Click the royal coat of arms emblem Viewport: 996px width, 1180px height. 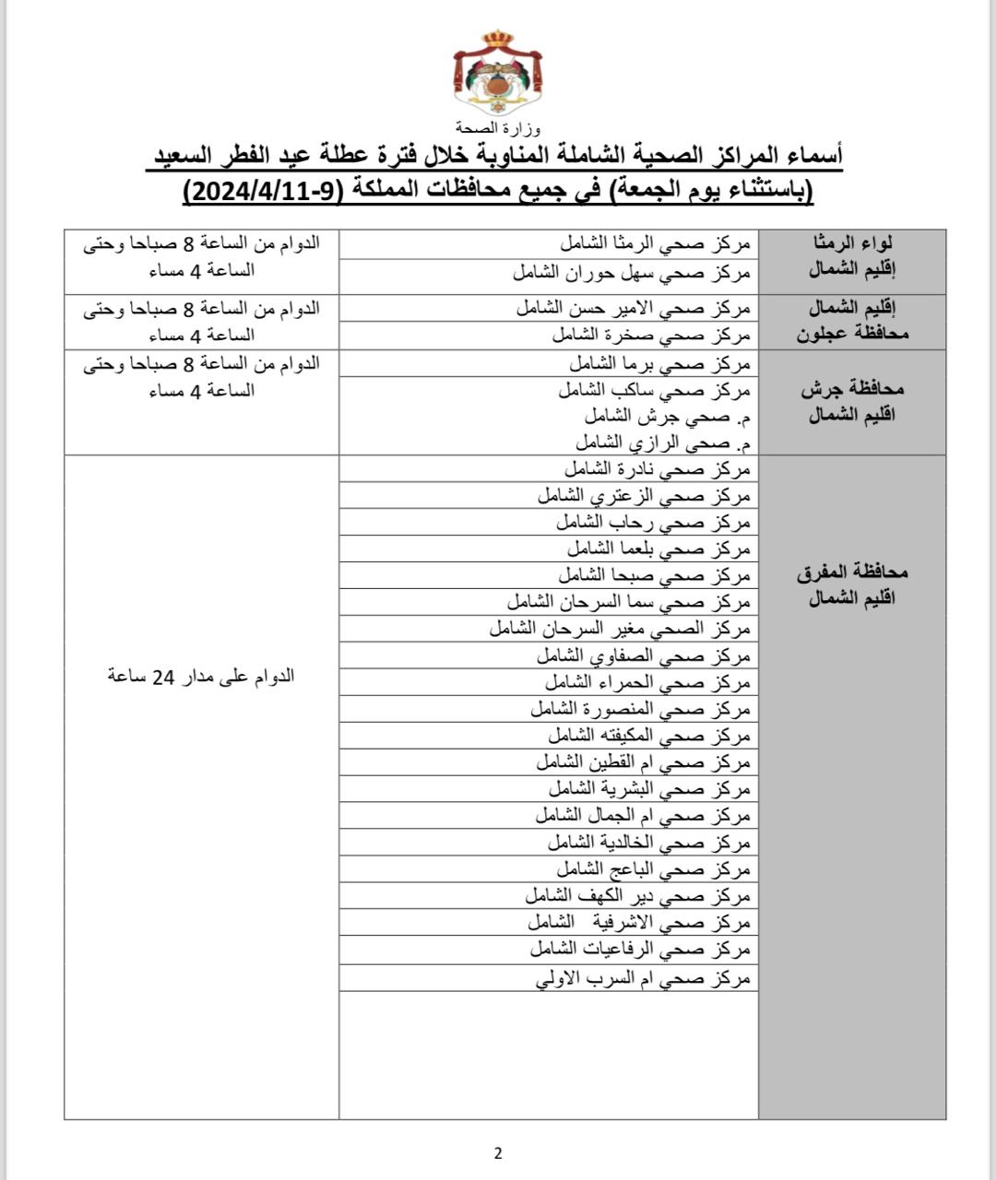[497, 74]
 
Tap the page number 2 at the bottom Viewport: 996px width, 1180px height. [498, 1152]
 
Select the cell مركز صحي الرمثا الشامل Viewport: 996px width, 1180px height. [656, 244]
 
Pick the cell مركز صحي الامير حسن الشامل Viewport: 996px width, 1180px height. [634, 308]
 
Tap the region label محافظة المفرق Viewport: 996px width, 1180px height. [852, 572]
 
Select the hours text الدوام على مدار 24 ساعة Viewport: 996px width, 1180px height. [201, 676]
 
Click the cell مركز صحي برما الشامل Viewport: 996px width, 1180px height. [658, 363]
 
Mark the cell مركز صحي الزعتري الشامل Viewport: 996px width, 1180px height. [645, 496]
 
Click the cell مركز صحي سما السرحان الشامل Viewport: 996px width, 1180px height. [629, 602]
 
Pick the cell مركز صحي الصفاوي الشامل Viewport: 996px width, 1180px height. [644, 656]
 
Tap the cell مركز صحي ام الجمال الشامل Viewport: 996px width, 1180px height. [643, 816]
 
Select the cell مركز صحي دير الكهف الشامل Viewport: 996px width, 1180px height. [638, 896]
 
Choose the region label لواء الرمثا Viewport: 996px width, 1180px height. [852, 243]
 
